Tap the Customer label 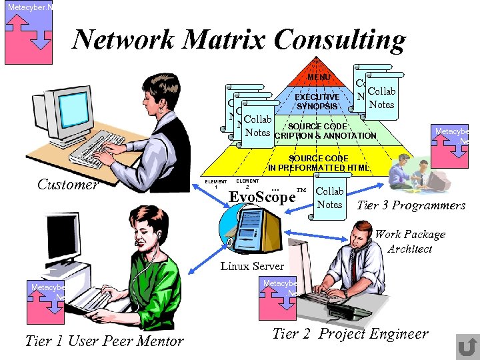click(x=68, y=185)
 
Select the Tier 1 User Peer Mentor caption click(x=104, y=341)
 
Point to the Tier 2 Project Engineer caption click(x=351, y=334)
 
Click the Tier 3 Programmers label click(x=411, y=205)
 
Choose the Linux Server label click(x=253, y=266)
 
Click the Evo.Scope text click(x=262, y=197)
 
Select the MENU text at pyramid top click(x=318, y=78)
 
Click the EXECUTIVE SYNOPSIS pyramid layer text click(x=317, y=101)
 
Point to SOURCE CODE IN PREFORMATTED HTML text click(x=319, y=163)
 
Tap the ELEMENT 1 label click(x=216, y=184)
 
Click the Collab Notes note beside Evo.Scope click(x=329, y=198)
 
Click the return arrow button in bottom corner click(x=467, y=347)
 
